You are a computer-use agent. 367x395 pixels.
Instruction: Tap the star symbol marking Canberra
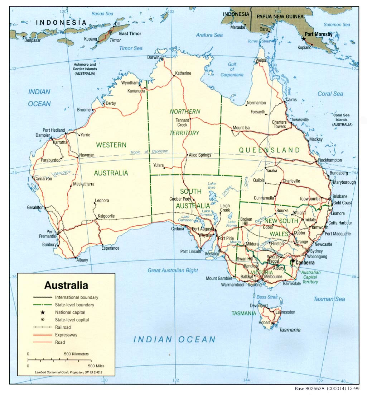[293, 261]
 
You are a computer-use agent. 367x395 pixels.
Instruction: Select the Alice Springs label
[200, 155]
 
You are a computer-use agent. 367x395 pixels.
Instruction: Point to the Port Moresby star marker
[304, 38]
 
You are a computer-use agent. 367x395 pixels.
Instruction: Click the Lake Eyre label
[212, 185]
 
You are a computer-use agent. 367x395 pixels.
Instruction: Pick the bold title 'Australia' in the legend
[66, 286]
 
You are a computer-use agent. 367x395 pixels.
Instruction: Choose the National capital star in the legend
[43, 312]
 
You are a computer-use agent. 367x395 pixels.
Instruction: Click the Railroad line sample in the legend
[43, 327]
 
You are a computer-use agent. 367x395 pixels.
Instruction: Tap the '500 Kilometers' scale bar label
[76, 354]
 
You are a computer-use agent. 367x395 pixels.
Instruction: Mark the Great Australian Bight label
[173, 271]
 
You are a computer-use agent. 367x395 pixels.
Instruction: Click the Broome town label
[84, 110]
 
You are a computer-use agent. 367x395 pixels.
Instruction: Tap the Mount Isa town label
[241, 128]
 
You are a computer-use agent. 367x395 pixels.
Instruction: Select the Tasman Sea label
[329, 299]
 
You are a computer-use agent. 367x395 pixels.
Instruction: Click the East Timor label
[130, 34]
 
